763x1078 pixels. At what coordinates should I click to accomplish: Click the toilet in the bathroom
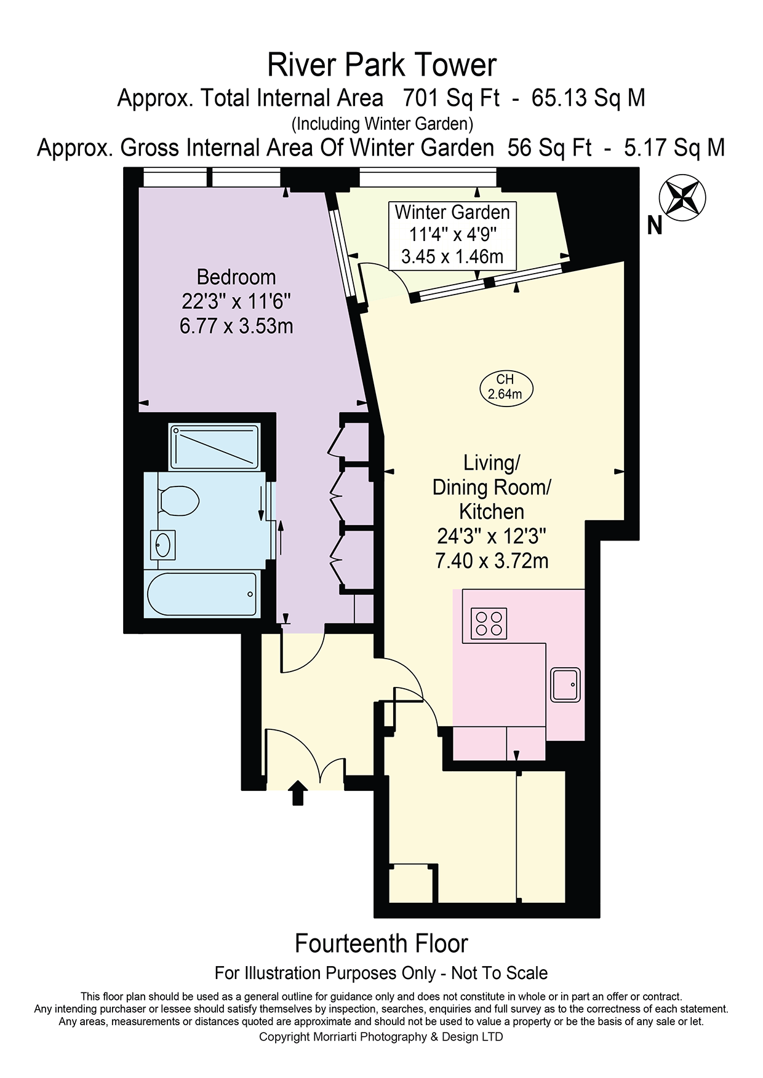(178, 499)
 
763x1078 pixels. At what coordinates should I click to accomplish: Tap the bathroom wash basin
(162, 545)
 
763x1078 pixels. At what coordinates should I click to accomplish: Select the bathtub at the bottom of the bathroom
(202, 594)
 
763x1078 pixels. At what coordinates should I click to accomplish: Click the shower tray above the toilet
(215, 446)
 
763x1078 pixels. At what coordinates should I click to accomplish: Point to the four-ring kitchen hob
(489, 623)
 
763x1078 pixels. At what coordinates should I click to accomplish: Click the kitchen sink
(565, 684)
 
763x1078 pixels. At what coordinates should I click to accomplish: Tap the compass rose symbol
(682, 198)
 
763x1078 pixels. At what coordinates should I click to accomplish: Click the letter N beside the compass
(655, 226)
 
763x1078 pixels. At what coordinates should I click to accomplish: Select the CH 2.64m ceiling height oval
(506, 387)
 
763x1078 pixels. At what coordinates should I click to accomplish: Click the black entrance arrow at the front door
(298, 792)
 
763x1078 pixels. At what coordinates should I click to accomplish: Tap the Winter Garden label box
(452, 235)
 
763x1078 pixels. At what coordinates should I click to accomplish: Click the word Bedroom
(236, 277)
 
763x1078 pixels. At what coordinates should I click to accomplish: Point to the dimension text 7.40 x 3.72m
(492, 561)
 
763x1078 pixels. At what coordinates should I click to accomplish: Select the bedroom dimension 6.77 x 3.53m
(236, 325)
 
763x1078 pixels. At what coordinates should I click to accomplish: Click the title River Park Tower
(381, 65)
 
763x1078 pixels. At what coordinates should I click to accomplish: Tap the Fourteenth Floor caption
(381, 943)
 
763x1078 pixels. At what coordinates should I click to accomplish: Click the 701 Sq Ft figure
(451, 98)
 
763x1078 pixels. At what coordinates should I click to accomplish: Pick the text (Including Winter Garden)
(382, 124)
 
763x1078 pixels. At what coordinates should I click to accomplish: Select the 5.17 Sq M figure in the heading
(674, 148)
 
